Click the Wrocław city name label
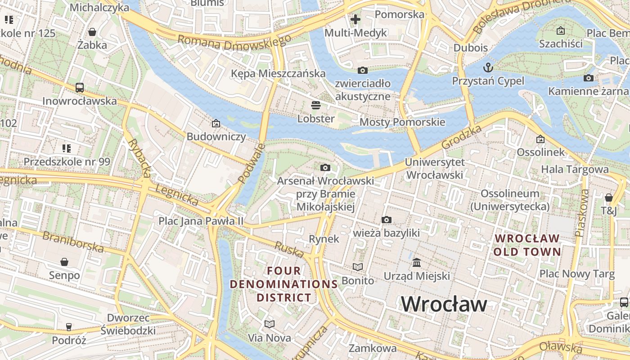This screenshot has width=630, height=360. [444, 304]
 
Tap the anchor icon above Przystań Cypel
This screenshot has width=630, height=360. [488, 68]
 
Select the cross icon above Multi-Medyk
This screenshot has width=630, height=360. [355, 19]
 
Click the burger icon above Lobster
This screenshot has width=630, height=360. [316, 105]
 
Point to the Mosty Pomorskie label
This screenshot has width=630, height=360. [402, 122]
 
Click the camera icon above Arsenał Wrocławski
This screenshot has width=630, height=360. [325, 168]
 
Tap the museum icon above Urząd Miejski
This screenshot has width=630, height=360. [417, 262]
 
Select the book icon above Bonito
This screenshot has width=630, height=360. [358, 267]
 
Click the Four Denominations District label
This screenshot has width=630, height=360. [284, 284]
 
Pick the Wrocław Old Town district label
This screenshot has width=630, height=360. [527, 245]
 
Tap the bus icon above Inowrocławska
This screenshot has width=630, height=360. [80, 88]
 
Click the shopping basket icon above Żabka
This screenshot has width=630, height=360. [92, 32]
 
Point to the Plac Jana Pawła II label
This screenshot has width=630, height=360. [201, 221]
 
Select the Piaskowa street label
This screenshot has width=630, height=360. [582, 213]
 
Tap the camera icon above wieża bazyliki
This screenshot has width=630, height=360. [386, 220]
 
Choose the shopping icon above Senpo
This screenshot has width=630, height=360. [64, 262]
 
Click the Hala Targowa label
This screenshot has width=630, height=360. [575, 169]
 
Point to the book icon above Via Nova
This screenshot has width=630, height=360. [270, 324]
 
